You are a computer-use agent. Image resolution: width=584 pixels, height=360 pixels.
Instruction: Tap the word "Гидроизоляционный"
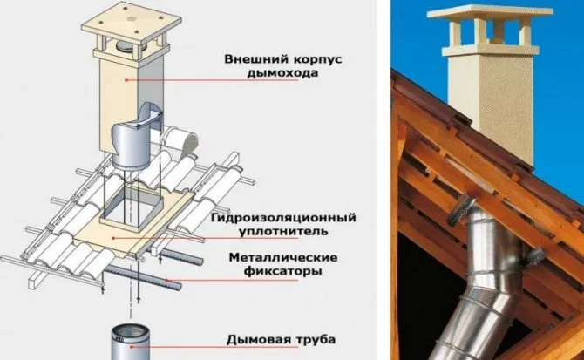click(x=283, y=218)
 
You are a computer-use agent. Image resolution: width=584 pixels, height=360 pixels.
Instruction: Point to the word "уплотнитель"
click(x=283, y=231)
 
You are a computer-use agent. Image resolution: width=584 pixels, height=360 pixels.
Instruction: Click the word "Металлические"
click(x=283, y=258)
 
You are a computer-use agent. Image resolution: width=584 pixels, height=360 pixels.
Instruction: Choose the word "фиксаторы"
click(x=283, y=271)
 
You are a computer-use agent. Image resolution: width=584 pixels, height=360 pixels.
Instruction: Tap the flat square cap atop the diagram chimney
click(x=132, y=24)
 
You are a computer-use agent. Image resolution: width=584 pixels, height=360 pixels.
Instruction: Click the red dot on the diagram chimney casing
click(x=126, y=79)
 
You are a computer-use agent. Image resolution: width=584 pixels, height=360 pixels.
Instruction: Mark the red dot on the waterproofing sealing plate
click(x=112, y=238)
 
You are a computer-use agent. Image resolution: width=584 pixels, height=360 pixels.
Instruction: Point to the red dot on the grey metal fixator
click(x=166, y=280)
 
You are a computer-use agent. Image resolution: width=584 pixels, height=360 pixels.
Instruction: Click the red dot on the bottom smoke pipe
click(x=131, y=346)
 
